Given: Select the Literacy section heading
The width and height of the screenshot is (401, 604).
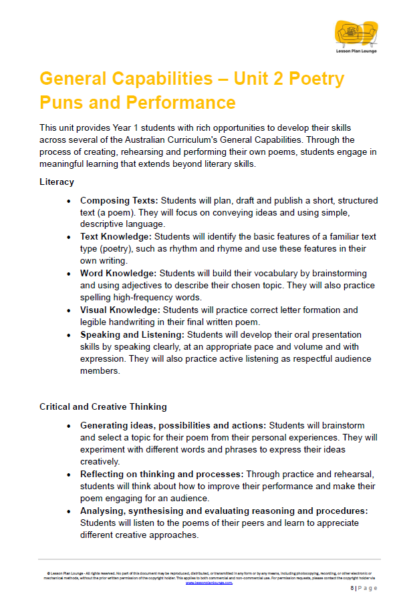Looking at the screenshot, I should point(57,182).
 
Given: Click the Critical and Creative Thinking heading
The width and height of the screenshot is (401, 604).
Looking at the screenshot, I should point(103,406).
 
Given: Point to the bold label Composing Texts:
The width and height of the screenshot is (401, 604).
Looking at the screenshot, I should point(119,200).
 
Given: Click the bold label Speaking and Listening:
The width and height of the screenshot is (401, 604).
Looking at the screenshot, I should point(132,334).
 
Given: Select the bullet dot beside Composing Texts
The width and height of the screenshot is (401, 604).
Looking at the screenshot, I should point(69,201).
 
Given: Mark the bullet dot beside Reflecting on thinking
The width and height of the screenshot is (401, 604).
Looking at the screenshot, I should point(69,475).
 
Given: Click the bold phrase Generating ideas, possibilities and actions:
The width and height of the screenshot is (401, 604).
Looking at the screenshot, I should point(173,425).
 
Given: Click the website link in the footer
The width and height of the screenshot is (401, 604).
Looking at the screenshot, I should point(209,582).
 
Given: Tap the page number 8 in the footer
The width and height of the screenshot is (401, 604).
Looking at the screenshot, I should point(352,588).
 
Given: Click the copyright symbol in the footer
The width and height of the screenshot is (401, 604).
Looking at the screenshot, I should point(49,573).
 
